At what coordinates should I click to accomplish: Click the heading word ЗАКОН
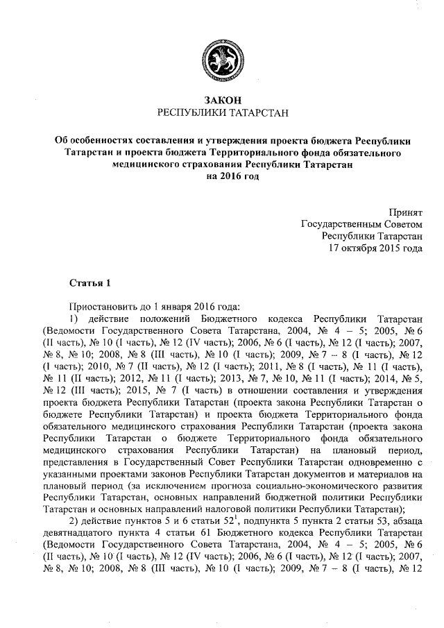click(x=222, y=100)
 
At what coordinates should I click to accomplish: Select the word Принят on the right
click(x=403, y=212)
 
